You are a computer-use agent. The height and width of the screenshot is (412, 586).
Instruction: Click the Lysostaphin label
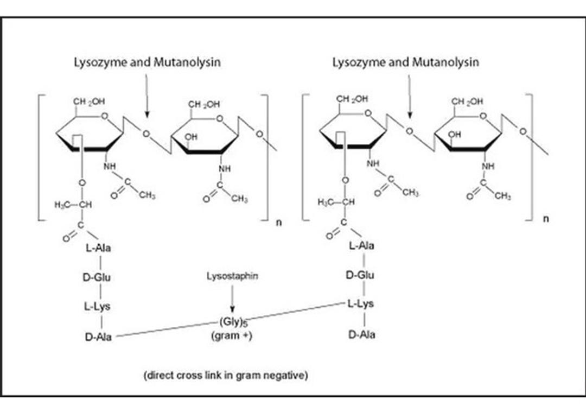tap(232, 276)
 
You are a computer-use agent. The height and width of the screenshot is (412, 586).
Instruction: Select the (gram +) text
tap(232, 336)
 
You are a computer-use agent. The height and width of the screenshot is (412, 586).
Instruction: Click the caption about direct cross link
tap(225, 375)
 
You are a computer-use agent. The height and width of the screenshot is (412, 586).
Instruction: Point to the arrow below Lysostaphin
tap(232, 299)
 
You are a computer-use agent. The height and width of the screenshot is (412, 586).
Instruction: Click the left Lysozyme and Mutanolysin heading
tap(147, 62)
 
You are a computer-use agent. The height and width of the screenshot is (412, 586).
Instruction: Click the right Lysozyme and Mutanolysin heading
tap(405, 62)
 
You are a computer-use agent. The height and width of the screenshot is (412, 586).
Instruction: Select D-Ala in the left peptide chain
tap(98, 337)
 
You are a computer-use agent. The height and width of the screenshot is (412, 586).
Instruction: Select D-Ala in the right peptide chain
tap(361, 334)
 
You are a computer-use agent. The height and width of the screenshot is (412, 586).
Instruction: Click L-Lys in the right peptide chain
tap(360, 304)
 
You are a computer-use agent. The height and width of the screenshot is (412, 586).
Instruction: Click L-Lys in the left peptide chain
tap(97, 307)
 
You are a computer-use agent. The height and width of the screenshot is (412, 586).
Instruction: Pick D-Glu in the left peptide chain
tap(97, 277)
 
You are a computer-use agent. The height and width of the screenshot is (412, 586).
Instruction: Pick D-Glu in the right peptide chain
tap(360, 275)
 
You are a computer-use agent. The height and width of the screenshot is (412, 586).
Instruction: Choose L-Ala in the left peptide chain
tap(99, 249)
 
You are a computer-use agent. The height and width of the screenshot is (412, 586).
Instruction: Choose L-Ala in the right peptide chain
tap(361, 245)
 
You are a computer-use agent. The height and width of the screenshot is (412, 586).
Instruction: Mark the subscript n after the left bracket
tap(279, 222)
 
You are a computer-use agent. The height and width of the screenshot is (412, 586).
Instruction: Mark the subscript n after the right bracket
tap(546, 219)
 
